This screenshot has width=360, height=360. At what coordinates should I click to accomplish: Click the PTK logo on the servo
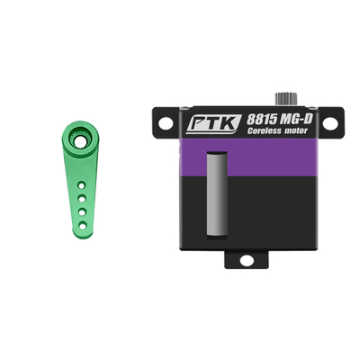213,123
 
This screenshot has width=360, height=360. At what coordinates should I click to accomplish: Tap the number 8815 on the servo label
262,120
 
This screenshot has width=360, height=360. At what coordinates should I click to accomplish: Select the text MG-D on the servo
296,119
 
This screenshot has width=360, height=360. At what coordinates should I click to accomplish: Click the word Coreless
264,130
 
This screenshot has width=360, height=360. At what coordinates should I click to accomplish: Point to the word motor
295,130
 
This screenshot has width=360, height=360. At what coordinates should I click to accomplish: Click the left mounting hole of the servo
166,123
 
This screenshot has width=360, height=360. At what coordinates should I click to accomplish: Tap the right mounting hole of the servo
329,123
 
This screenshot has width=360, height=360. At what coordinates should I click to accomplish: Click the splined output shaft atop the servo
286,99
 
